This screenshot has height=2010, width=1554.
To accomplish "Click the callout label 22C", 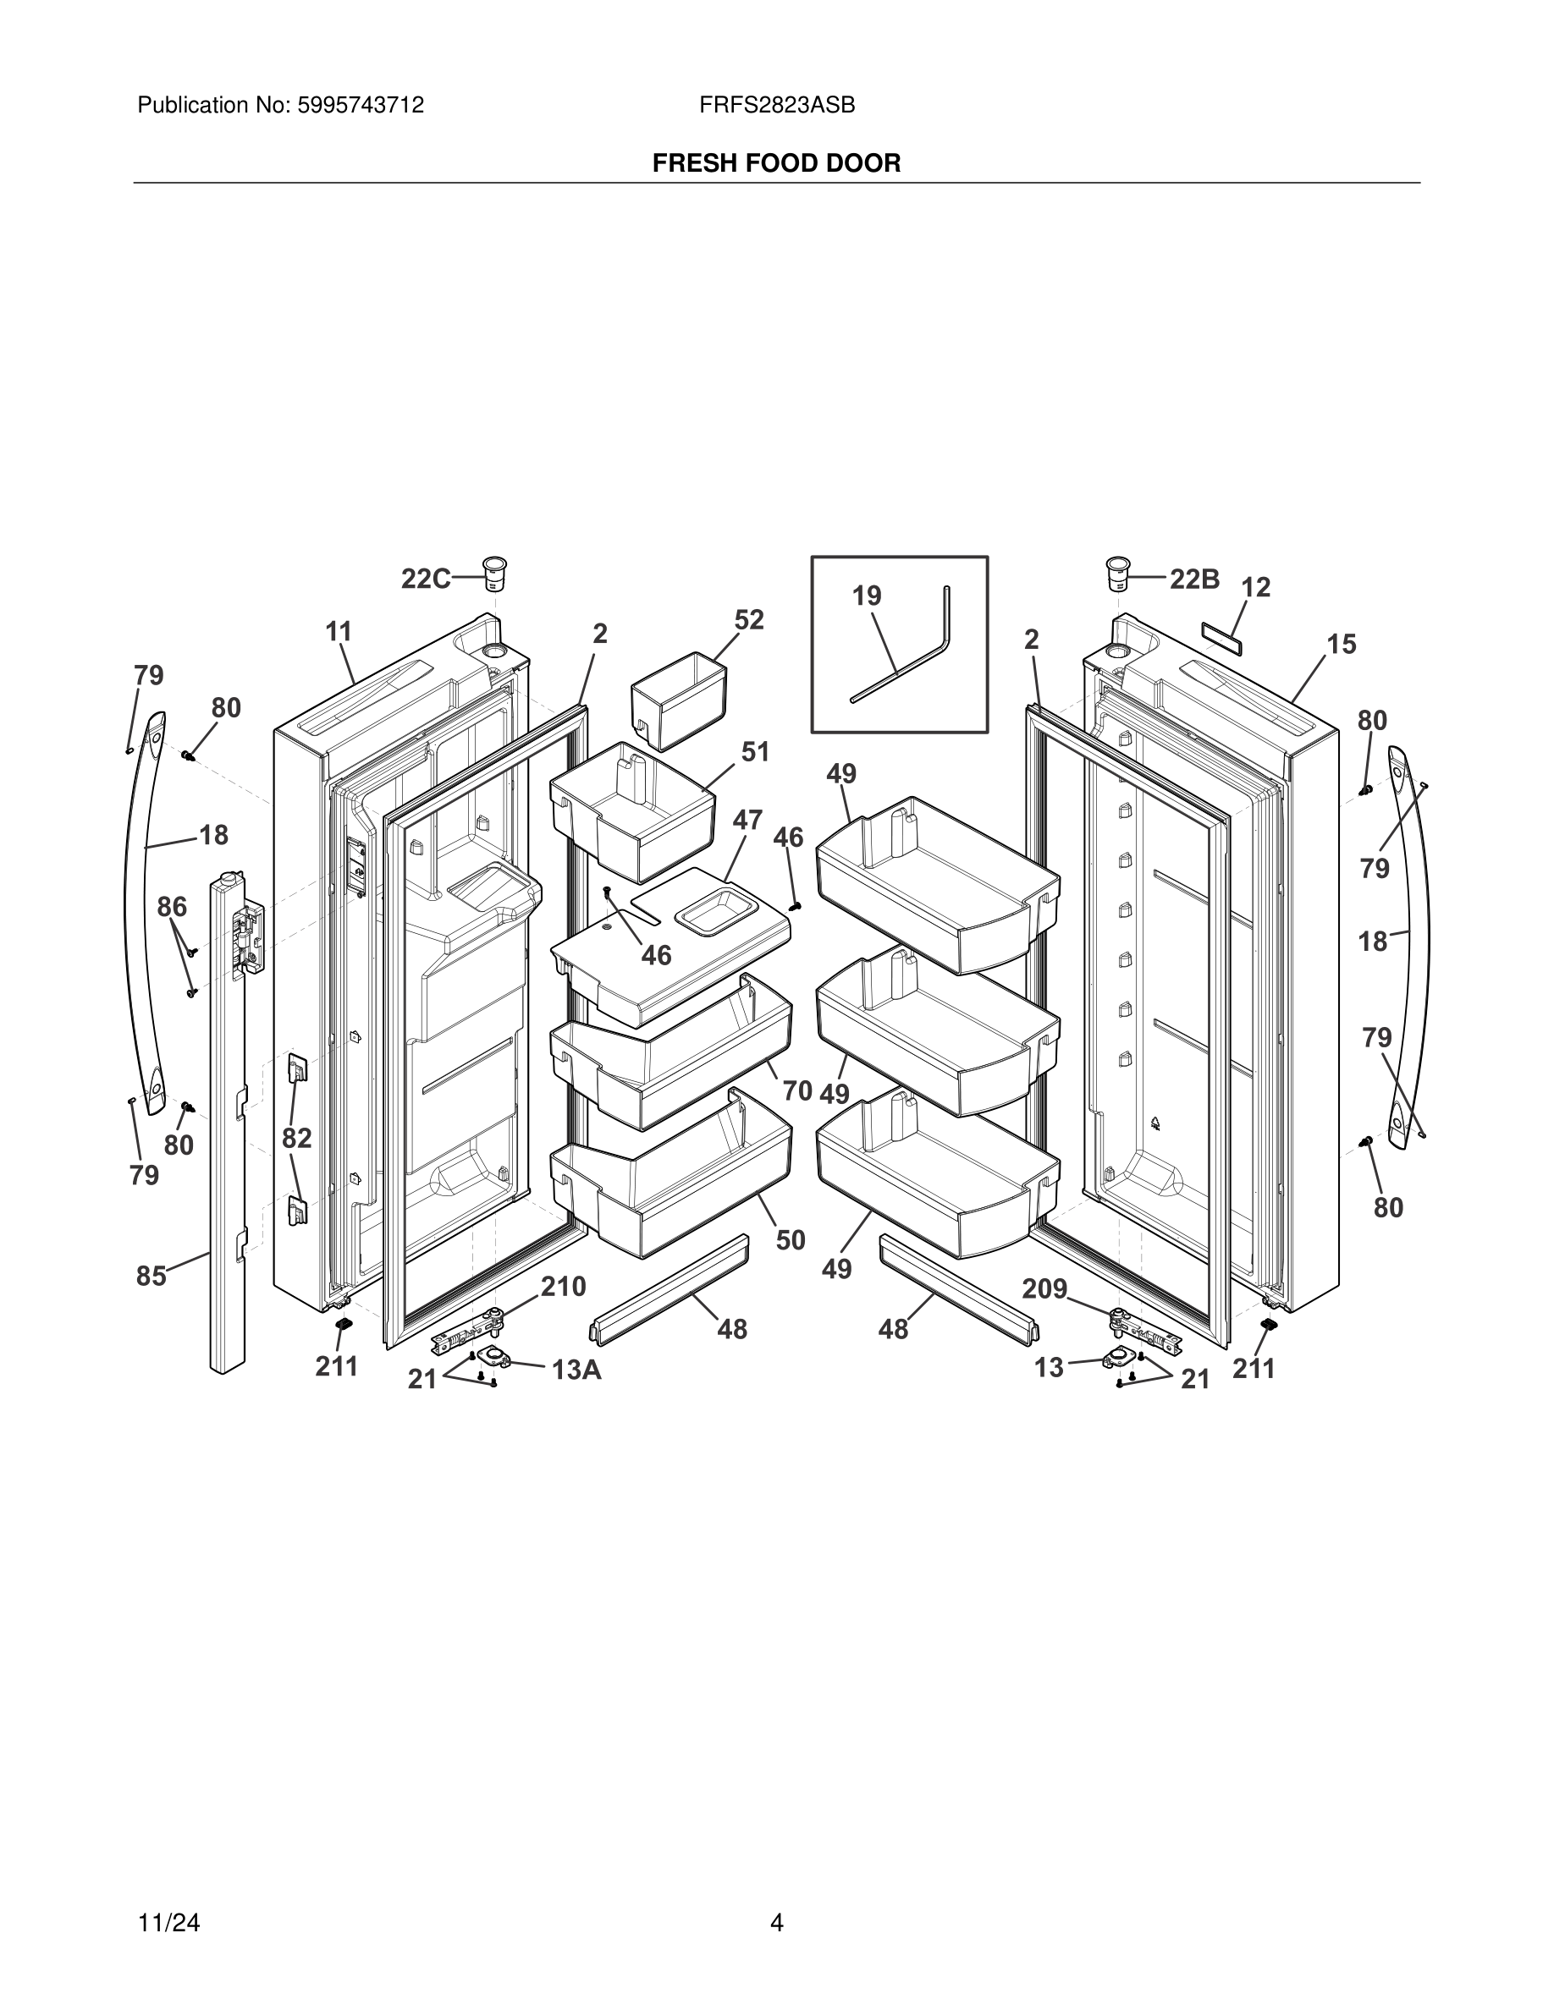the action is pos(426,579).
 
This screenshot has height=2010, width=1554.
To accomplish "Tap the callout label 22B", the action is pos(1195,579).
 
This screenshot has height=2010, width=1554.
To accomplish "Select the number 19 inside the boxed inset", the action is pos(867,596).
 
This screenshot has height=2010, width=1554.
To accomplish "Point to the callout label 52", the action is pos(749,619).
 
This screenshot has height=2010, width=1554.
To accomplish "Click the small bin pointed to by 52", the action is pos(679,700).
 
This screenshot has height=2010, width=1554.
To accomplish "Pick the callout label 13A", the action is pos(576,1370).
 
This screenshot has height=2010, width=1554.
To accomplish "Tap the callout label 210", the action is pos(564,1287).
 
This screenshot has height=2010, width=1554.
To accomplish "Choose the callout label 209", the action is pos(1045,1289).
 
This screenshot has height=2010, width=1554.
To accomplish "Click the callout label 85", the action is pos(152,1277).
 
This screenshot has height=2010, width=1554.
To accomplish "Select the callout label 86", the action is pos(172,908).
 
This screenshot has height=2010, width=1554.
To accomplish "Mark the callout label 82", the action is pos(296,1139).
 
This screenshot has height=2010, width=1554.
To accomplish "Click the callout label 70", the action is pos(797,1090).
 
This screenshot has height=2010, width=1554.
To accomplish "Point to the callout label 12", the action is pos(1256,587).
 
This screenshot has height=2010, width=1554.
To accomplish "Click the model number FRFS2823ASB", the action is pos(777,106).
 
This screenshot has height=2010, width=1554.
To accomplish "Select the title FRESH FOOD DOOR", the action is pos(777,164).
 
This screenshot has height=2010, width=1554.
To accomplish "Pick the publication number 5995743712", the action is pos(360,106).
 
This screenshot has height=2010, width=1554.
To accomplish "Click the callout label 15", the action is pos(1342,645).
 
